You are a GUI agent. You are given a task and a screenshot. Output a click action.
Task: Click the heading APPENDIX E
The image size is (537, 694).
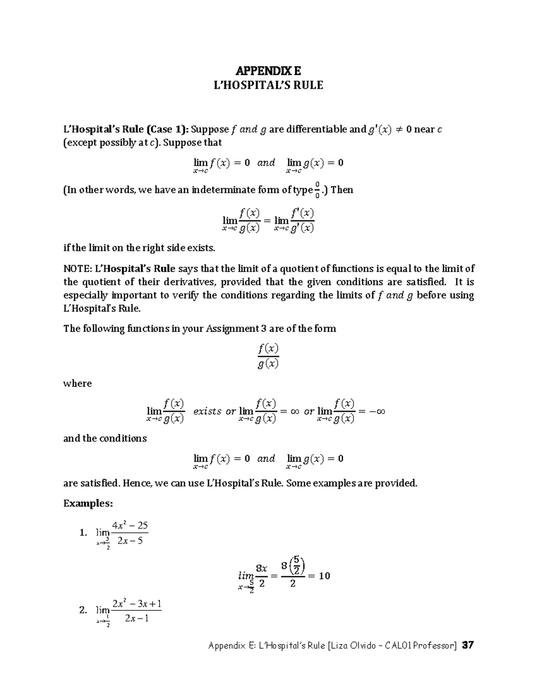[x=268, y=71]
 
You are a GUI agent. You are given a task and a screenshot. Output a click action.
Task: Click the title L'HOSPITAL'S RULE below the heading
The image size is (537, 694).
[x=268, y=85]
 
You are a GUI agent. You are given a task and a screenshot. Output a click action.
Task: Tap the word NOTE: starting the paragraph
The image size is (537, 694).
[x=77, y=269]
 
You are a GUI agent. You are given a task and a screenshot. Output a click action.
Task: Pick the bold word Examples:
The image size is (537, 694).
[x=88, y=504]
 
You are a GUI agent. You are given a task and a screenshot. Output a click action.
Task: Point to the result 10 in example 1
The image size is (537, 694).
[x=324, y=576]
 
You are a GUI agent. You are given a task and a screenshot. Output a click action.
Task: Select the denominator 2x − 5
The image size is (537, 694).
[x=130, y=541]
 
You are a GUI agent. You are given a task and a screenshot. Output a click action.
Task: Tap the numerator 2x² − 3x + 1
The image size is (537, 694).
[x=136, y=604]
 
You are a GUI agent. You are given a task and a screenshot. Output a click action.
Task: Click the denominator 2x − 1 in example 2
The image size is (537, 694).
[x=136, y=619]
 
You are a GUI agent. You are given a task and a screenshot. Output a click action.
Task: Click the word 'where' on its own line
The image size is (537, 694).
[x=77, y=383]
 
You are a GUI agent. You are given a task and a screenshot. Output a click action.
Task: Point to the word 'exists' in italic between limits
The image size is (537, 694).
[x=207, y=411]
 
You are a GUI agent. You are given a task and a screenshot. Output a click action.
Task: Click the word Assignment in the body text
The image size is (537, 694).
[x=231, y=329]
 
